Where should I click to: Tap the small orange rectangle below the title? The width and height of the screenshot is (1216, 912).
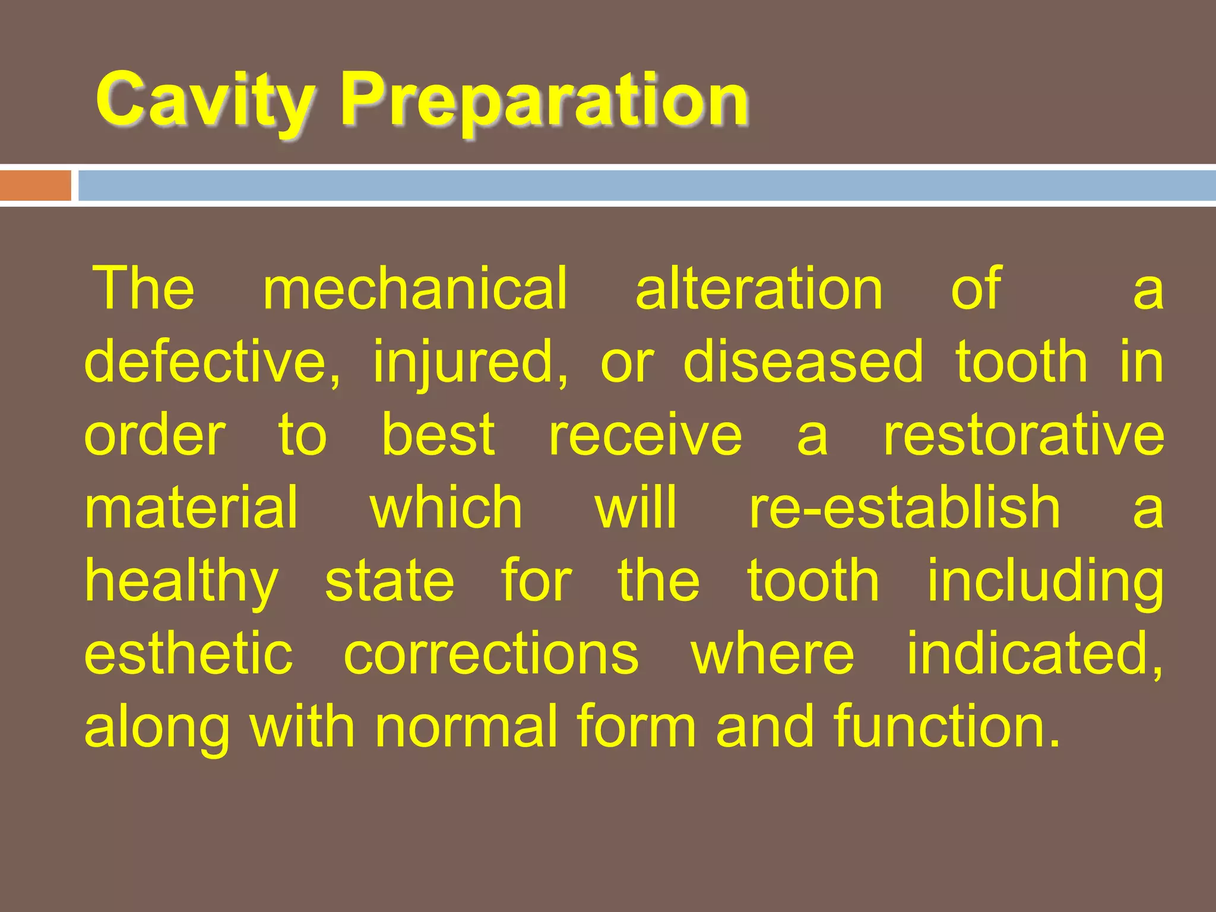pos(36,185)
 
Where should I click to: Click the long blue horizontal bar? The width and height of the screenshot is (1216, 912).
pos(647,185)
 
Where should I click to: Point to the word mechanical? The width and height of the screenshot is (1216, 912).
pos(415,289)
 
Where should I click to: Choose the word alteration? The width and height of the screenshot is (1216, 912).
pos(759,289)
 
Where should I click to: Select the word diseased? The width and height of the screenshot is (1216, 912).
pos(803,362)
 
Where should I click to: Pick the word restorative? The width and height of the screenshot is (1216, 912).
pos(1024,435)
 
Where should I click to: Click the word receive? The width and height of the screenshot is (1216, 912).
pos(645,435)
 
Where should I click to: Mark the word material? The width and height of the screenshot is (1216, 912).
pos(191,508)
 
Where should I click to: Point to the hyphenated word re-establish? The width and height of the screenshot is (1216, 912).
pos(904,508)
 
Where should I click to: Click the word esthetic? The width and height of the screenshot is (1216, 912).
pos(189,654)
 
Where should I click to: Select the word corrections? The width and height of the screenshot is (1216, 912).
pos(491,654)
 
